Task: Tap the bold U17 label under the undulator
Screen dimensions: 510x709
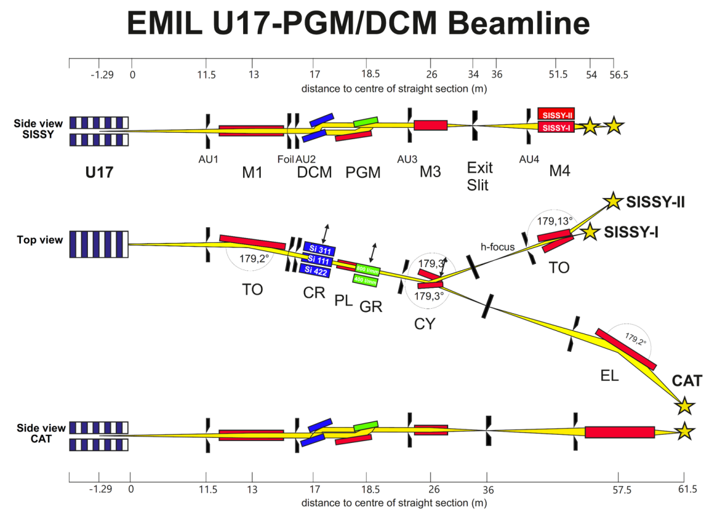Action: pyautogui.click(x=99, y=171)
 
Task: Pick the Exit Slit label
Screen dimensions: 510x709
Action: pyautogui.click(x=479, y=177)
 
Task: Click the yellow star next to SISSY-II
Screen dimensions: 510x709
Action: pyautogui.click(x=612, y=202)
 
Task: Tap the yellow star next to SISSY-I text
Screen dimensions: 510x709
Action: pyautogui.click(x=590, y=232)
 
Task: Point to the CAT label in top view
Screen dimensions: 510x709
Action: pyautogui.click(x=687, y=381)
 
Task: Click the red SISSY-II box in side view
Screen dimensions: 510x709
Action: pyautogui.click(x=556, y=114)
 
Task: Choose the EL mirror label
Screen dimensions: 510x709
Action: pyautogui.click(x=609, y=376)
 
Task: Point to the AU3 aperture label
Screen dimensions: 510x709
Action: pyautogui.click(x=406, y=158)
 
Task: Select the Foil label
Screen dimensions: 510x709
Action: pyautogui.click(x=285, y=158)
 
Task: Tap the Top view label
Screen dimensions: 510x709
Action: pyautogui.click(x=41, y=240)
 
